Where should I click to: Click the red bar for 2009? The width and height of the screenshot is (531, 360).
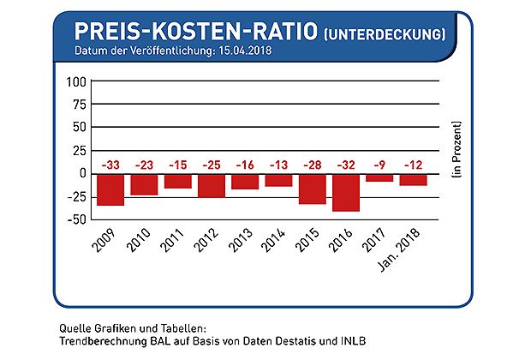[110, 189]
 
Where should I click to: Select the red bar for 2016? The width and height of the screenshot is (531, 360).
[345, 192]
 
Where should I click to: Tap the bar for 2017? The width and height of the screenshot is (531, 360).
[379, 177]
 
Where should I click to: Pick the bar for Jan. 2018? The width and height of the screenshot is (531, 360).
[413, 180]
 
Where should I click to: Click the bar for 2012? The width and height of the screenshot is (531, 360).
[211, 185]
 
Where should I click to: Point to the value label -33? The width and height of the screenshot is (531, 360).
[110, 164]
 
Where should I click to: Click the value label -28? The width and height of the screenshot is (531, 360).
[311, 164]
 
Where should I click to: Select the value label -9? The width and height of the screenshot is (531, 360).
[379, 164]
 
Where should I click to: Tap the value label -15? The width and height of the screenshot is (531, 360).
[177, 164]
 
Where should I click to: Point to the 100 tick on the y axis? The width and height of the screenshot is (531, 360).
[77, 82]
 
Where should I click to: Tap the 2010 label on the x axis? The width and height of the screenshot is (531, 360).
[140, 238]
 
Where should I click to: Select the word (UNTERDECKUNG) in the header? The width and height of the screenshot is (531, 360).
[385, 35]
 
